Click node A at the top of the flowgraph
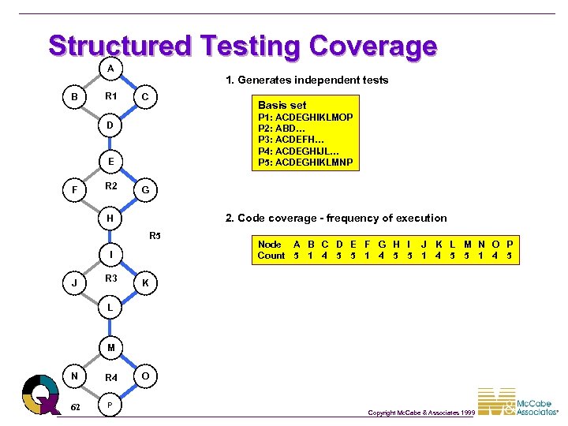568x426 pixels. point(110,68)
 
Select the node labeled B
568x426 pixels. point(74,97)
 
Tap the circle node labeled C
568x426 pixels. point(146,97)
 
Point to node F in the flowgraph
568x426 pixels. point(74,190)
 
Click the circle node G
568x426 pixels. point(146,190)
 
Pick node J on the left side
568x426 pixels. point(74,282)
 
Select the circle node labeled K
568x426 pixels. point(146,282)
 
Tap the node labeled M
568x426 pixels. point(110,347)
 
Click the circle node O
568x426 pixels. point(146,376)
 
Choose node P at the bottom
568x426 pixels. point(110,405)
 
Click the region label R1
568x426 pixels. point(111,96)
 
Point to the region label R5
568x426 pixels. point(155,236)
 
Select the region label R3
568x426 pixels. point(111,278)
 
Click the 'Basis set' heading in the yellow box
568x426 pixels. point(282,105)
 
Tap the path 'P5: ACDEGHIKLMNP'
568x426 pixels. point(305,163)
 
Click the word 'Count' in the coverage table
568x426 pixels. point(271,256)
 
